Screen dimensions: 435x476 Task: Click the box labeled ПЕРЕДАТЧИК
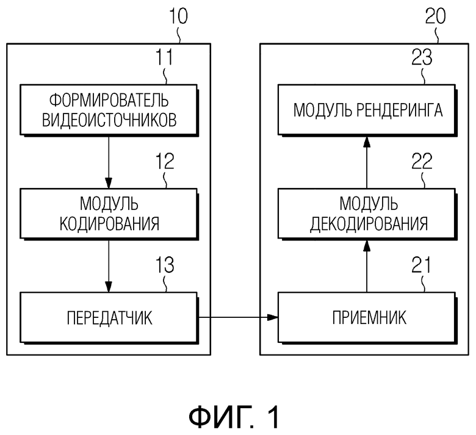[109, 317]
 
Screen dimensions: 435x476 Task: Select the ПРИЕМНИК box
[366, 317]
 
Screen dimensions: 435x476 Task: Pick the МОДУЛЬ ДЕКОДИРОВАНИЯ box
[366, 214]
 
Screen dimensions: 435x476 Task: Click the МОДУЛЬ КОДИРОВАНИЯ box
[109, 214]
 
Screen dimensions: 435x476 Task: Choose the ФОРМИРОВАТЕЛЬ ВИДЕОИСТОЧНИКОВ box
[109, 110]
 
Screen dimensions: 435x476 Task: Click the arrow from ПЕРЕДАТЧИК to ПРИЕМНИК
[238, 317]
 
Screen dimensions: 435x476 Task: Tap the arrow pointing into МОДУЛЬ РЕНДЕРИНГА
[366, 162]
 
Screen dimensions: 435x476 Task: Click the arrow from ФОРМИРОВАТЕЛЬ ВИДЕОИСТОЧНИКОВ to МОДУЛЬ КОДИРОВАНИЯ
[109, 162]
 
